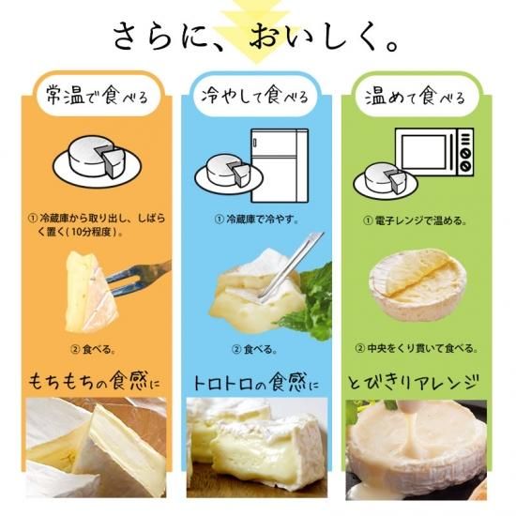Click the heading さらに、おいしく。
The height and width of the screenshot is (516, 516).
click(256, 38)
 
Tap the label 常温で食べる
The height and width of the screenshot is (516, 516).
click(97, 96)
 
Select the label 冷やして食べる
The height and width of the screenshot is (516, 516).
click(255, 95)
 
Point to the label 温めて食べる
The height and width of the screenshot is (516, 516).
click(416, 97)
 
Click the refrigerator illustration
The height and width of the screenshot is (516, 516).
click(280, 165)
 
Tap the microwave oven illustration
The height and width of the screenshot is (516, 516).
click(434, 152)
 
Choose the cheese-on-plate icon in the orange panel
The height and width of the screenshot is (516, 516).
click(97, 161)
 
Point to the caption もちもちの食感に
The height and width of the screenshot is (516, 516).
click(94, 382)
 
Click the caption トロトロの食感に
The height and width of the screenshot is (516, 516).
click(256, 383)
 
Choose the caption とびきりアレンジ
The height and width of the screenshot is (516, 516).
click(413, 383)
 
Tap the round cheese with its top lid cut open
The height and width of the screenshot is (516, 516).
click(417, 284)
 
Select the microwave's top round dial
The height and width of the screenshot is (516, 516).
click(465, 154)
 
